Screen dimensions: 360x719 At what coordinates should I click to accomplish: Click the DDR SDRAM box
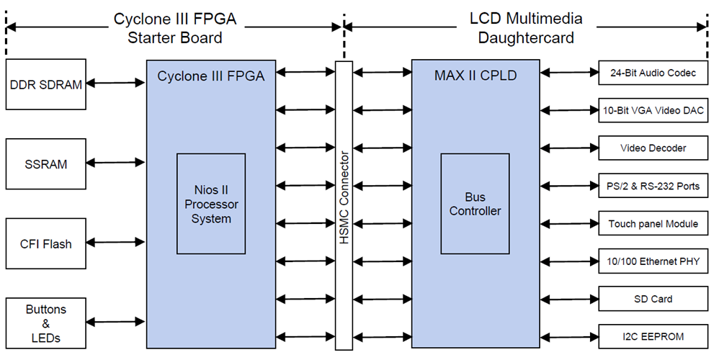(45, 84)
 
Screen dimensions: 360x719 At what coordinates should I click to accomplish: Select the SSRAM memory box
(45, 164)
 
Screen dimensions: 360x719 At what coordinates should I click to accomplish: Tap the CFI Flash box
(45, 244)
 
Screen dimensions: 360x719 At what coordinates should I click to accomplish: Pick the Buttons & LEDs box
(45, 323)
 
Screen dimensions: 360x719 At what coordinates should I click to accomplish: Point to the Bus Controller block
(475, 204)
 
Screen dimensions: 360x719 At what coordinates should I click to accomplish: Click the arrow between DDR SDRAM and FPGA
(116, 84)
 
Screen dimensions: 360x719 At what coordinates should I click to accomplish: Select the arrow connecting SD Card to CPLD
(569, 299)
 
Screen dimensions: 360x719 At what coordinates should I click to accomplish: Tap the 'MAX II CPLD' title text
(475, 76)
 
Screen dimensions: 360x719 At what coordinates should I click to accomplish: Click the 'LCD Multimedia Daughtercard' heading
(526, 28)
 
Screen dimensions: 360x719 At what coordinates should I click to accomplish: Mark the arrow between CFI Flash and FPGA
(116, 243)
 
